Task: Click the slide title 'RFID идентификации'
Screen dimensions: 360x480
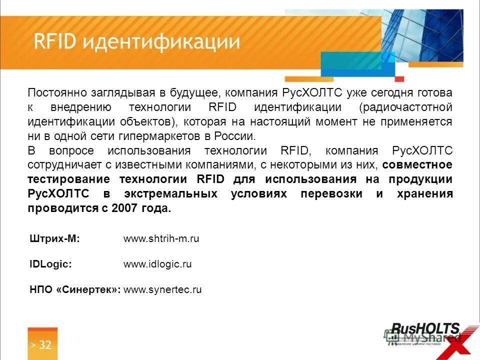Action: click(136, 41)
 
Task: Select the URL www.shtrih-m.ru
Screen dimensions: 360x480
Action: click(161, 239)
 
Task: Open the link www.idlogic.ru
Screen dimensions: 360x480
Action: click(157, 264)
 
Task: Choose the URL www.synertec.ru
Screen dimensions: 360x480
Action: click(162, 289)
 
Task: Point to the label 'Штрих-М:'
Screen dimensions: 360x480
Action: click(55, 239)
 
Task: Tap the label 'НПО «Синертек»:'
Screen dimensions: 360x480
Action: click(75, 289)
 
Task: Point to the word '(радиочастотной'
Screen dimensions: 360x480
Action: click(405, 107)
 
